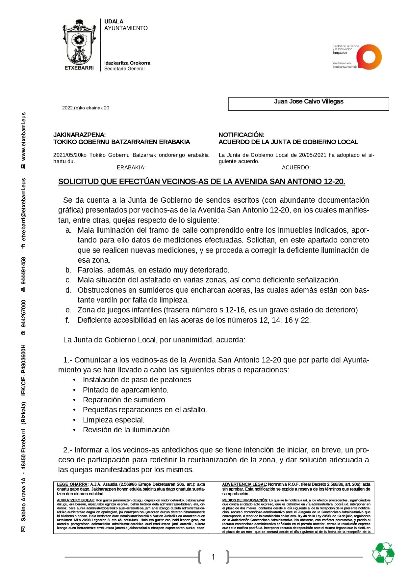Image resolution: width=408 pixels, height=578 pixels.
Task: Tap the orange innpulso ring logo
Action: click(x=369, y=57)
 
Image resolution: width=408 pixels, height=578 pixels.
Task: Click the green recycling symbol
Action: click(x=383, y=553)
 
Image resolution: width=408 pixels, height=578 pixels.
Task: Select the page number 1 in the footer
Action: click(x=213, y=557)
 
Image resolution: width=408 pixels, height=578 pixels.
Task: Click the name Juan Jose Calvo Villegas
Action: click(x=309, y=101)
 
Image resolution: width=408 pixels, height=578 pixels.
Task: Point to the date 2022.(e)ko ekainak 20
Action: click(x=86, y=108)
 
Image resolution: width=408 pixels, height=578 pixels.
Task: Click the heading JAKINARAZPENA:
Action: click(x=79, y=135)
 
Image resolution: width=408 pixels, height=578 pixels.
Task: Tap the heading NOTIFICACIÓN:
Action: click(x=242, y=135)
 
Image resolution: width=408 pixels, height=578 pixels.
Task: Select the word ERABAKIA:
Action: click(x=131, y=167)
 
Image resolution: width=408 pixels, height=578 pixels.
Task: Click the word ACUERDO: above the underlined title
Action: click(x=296, y=167)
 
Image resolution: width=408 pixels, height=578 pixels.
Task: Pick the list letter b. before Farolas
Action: click(x=68, y=270)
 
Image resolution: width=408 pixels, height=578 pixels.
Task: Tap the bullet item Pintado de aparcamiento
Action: click(x=125, y=390)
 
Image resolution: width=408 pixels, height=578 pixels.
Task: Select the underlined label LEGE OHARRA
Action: click(x=72, y=484)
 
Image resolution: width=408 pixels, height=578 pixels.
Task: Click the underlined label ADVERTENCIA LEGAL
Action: click(x=244, y=484)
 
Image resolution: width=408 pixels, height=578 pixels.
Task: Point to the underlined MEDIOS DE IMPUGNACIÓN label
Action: click(x=245, y=500)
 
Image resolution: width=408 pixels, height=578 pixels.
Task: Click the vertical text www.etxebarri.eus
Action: click(x=24, y=136)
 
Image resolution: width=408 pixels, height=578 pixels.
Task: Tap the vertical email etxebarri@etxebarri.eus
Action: click(x=24, y=210)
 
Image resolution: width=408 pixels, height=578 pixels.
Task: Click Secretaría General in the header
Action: click(x=124, y=69)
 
